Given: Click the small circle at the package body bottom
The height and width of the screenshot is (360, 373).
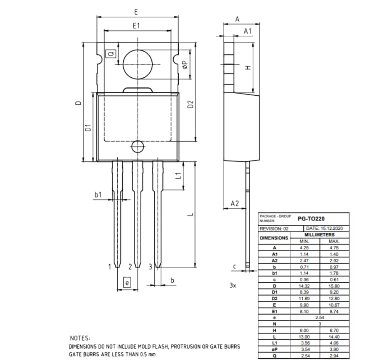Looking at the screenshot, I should (137, 147).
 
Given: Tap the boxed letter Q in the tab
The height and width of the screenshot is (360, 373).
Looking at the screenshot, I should (111, 54).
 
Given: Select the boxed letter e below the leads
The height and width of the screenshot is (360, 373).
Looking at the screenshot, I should (127, 283).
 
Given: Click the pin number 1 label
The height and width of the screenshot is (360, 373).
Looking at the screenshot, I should (110, 266).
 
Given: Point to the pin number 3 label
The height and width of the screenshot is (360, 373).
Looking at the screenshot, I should (150, 266).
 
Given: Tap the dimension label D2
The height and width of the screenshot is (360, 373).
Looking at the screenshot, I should (190, 104).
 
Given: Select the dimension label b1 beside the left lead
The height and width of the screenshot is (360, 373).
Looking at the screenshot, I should (98, 194).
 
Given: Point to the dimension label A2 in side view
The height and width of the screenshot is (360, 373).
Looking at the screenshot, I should (235, 203).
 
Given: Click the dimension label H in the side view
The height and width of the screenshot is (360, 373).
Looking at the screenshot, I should (248, 68).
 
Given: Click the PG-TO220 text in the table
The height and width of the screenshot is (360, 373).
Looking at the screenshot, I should (311, 218).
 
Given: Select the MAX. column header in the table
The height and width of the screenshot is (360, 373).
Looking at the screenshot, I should (334, 241).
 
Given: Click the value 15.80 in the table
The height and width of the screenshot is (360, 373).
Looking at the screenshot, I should (334, 286).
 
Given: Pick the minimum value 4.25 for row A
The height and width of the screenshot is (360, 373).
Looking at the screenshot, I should (304, 247).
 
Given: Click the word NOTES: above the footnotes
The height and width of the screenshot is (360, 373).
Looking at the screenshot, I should (80, 338).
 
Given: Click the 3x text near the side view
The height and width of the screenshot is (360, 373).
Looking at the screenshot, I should (233, 285).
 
